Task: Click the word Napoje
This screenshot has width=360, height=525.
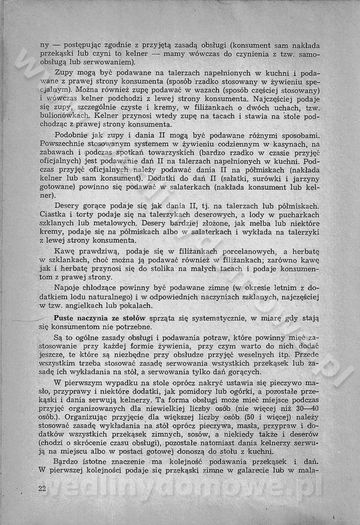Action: click(68, 288)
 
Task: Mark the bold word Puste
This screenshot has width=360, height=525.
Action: click(65, 318)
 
